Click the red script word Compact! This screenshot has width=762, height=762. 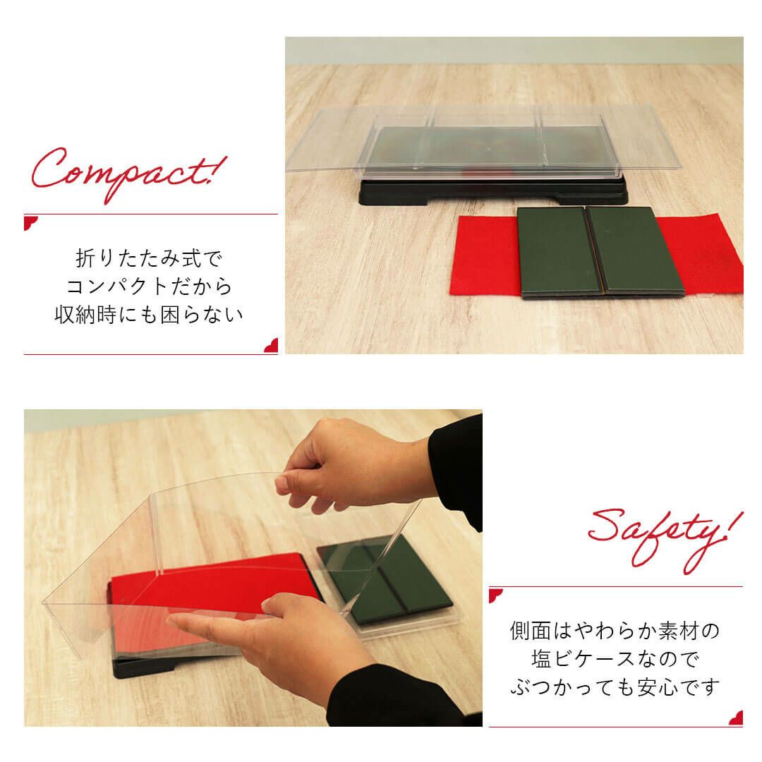(x=129, y=173)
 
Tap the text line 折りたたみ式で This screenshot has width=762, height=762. (x=149, y=258)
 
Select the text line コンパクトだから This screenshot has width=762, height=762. (x=149, y=286)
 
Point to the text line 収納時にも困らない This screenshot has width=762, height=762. (x=149, y=315)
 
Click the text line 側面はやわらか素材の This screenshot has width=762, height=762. (x=615, y=631)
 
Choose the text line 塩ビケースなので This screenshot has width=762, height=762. (x=615, y=659)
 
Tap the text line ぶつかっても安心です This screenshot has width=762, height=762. (x=615, y=687)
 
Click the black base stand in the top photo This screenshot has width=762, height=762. (x=492, y=192)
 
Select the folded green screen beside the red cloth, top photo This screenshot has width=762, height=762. (x=600, y=252)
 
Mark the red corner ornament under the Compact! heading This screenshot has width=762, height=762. (x=30, y=222)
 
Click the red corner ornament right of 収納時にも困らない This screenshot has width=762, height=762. (x=271, y=346)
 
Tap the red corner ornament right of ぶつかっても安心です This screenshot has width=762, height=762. (x=736, y=718)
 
